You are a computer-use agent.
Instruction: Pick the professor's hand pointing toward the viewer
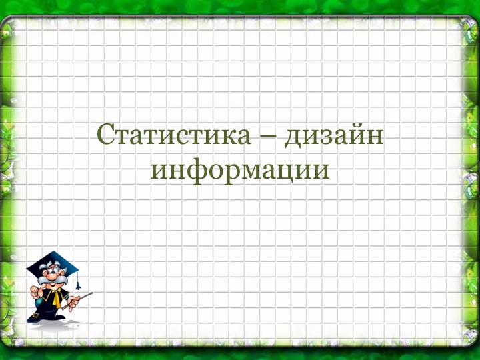(35, 291)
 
